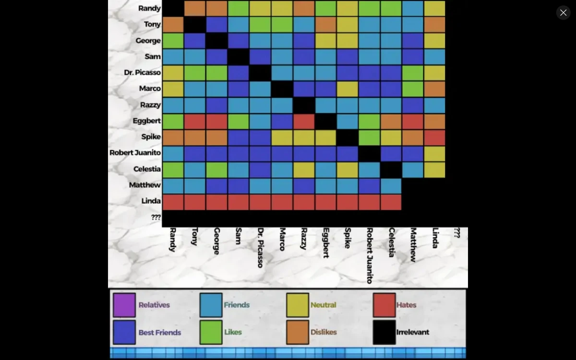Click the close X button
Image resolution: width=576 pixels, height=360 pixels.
pos(563,12)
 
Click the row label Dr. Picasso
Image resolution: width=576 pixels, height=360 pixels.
pos(142,72)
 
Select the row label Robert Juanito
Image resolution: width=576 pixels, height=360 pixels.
pos(135,153)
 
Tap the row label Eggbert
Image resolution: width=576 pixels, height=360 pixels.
pos(146,120)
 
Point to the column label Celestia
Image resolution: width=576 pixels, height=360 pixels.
pos(392,242)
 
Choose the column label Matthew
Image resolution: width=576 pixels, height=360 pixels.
pos(413,245)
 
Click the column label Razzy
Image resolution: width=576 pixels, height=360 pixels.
pos(303,239)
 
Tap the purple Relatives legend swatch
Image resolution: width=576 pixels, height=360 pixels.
pos(124,305)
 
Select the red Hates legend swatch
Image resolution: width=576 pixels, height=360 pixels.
pos(384,305)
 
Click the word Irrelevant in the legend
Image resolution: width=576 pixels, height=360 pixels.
pos(413,332)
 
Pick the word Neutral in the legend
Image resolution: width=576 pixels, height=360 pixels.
pos(323,305)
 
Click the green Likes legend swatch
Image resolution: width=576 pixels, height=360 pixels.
pos(211,332)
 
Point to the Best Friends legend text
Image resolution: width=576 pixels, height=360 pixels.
pos(160,332)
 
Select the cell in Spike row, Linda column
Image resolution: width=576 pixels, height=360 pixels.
pos(434,138)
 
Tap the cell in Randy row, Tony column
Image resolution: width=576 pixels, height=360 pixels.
pos(195,9)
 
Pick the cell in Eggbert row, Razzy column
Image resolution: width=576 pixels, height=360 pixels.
pos(304,121)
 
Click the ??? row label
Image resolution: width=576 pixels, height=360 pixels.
pos(156,217)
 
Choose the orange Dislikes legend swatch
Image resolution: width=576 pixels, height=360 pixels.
pos(298,332)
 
